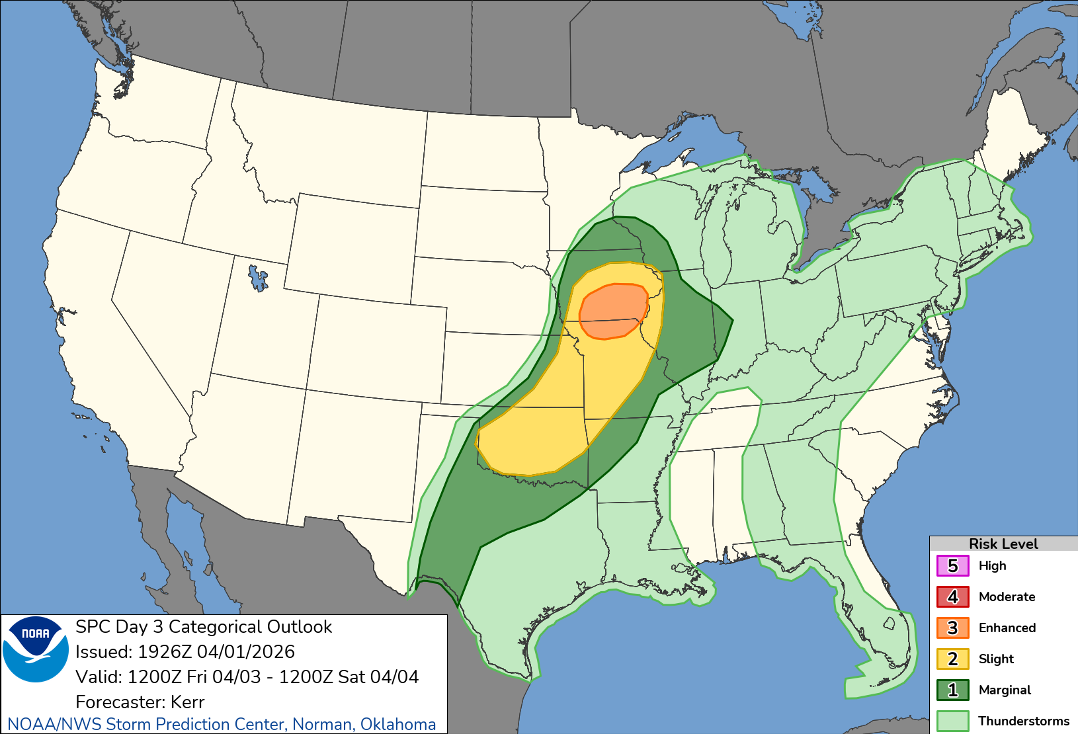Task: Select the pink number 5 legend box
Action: click(x=952, y=566)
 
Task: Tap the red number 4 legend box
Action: click(x=952, y=597)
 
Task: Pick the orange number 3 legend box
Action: click(x=952, y=628)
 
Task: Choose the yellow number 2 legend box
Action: click(x=952, y=659)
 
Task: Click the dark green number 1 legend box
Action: click(x=952, y=690)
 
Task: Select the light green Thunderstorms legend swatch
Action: click(x=952, y=721)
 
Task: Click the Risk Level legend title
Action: click(x=1003, y=544)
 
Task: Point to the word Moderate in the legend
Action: click(x=1007, y=597)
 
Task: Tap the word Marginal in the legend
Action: click(x=1005, y=690)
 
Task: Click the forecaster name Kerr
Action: click(x=187, y=702)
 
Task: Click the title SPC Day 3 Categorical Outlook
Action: click(x=204, y=627)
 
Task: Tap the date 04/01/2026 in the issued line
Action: click(x=246, y=652)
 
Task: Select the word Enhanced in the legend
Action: click(x=1007, y=628)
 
